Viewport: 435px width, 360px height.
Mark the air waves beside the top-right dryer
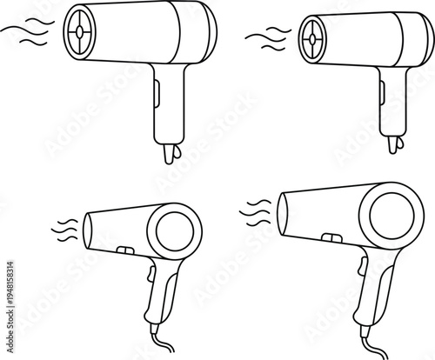click(x=268, y=37)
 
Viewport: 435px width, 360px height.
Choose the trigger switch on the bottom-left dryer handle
click(x=151, y=277)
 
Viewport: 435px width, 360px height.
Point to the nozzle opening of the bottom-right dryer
click(x=282, y=211)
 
